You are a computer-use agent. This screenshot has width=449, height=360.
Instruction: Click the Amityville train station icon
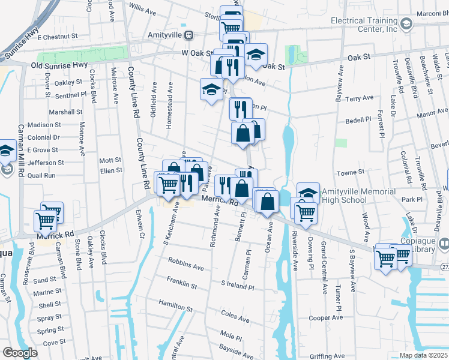coord(188,35)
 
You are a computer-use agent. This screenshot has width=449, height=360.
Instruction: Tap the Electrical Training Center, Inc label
coord(364,25)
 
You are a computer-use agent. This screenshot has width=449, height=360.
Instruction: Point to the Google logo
coord(20,353)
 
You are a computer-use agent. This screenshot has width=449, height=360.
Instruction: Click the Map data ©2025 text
coord(424,355)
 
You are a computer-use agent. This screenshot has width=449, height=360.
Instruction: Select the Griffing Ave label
coord(327,356)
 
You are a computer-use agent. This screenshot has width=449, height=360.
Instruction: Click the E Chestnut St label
coord(58,37)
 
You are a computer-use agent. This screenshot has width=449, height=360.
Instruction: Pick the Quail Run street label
coord(42,175)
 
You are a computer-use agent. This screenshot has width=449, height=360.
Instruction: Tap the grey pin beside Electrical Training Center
coord(406,24)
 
